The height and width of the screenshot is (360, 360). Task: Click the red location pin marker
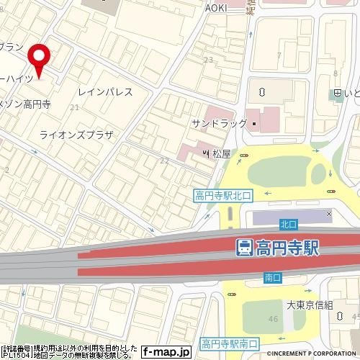point(39,60)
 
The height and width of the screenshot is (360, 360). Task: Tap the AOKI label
point(216,6)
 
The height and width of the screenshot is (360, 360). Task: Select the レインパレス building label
point(105,92)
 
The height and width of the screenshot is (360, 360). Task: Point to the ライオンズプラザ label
point(77,135)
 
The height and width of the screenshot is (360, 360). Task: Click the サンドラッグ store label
point(219,124)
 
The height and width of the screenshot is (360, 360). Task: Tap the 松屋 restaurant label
point(221,153)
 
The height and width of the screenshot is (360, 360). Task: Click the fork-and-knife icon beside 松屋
point(206,153)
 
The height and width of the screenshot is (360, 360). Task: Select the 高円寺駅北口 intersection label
point(223,194)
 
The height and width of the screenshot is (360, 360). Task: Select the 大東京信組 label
point(310,305)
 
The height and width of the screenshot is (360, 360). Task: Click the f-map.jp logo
point(165,352)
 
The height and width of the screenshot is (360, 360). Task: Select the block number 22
point(164,160)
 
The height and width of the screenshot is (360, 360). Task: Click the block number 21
point(74,107)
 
